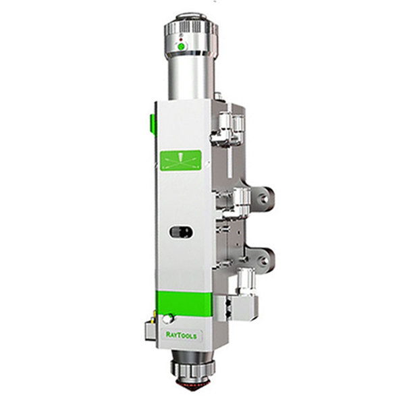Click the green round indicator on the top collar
[182, 47]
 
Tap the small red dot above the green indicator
[181, 40]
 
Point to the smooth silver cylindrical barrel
[190, 78]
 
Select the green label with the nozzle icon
[181, 161]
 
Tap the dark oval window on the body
[181, 232]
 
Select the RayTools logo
[182, 335]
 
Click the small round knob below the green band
[167, 319]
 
